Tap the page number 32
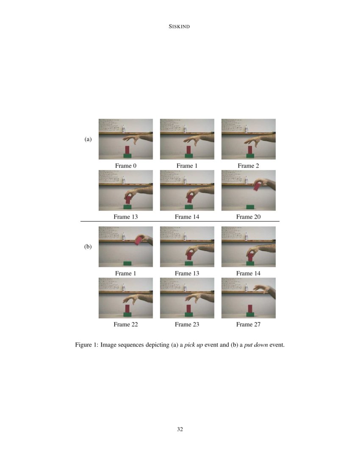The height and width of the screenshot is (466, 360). pyautogui.click(x=180, y=429)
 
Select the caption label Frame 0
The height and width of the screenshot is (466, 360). pyautogui.click(x=126, y=166)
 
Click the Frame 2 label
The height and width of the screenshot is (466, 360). pyautogui.click(x=248, y=166)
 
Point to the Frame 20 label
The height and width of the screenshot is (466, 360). pyautogui.click(x=248, y=217)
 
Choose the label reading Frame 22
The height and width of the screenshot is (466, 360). pyautogui.click(x=126, y=325)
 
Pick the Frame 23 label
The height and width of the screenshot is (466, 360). pyautogui.click(x=187, y=325)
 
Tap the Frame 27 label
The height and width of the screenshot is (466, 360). pyautogui.click(x=248, y=325)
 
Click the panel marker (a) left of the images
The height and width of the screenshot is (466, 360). pyautogui.click(x=88, y=139)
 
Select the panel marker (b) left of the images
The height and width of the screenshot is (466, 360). pyautogui.click(x=88, y=247)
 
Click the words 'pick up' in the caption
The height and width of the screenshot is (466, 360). pyautogui.click(x=194, y=345)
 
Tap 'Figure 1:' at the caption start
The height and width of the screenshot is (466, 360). pyautogui.click(x=87, y=345)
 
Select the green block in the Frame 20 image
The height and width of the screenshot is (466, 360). pyautogui.click(x=250, y=207)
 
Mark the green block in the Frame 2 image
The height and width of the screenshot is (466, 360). pyautogui.click(x=250, y=155)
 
